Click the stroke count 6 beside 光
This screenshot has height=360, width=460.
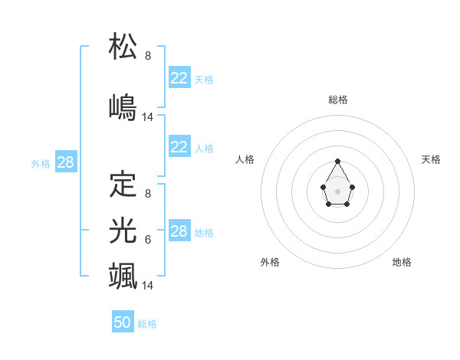pyautogui.click(x=148, y=240)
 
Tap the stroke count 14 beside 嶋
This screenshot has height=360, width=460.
pyautogui.click(x=148, y=117)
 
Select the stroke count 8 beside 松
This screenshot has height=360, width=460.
pyautogui.click(x=148, y=56)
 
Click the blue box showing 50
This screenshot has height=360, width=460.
pyautogui.click(x=123, y=322)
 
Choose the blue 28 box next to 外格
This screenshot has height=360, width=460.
pyautogui.click(x=65, y=162)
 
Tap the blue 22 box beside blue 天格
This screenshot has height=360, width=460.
pyautogui.click(x=179, y=78)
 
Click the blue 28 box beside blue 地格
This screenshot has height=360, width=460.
pyautogui.click(x=179, y=231)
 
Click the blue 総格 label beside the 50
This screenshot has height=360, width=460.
pyautogui.click(x=147, y=324)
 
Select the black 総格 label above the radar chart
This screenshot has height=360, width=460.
pyautogui.click(x=338, y=100)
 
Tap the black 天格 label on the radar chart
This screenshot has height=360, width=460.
pyautogui.click(x=431, y=159)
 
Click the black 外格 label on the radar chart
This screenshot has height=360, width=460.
pyautogui.click(x=270, y=262)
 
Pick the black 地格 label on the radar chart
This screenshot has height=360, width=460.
pyautogui.click(x=402, y=262)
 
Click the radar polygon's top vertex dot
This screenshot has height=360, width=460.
pyautogui.click(x=338, y=161)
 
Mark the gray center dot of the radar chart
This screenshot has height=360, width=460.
pyautogui.click(x=338, y=191)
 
